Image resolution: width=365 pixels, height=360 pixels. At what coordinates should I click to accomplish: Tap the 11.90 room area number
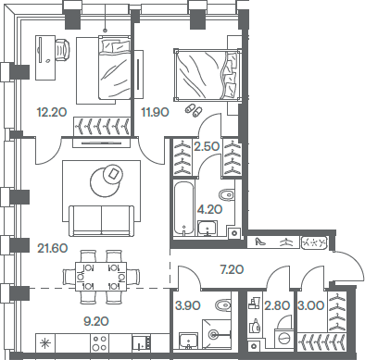[154, 112]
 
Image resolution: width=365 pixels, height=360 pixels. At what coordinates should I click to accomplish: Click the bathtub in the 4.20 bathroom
[183, 208]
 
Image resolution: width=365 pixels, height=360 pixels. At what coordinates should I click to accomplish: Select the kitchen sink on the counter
[142, 345]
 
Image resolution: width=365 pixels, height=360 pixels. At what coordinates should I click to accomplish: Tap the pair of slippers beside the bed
[192, 109]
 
